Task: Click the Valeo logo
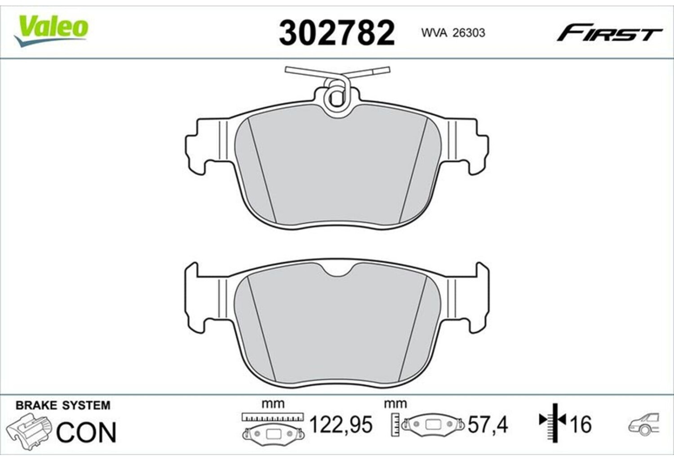(51, 31)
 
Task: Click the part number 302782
(337, 32)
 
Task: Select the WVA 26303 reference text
(453, 33)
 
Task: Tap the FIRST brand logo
(609, 36)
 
